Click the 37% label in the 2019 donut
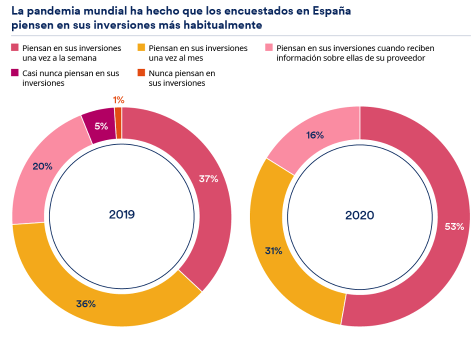[x=208, y=178]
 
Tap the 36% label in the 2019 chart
[x=85, y=303]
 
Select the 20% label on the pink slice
[x=42, y=166]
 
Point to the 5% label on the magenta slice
[x=101, y=126]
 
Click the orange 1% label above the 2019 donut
[x=118, y=100]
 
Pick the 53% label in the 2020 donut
[x=454, y=226]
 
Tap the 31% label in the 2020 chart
[x=273, y=251]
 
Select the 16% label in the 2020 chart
[x=315, y=135]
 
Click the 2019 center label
[x=122, y=214]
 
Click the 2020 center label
[x=359, y=215]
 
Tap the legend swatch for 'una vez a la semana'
[x=15, y=48]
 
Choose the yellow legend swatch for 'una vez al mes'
[x=141, y=48]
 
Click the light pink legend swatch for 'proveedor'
[x=268, y=48]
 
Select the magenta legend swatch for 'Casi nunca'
[x=15, y=73]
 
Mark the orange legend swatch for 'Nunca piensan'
[x=141, y=73]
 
